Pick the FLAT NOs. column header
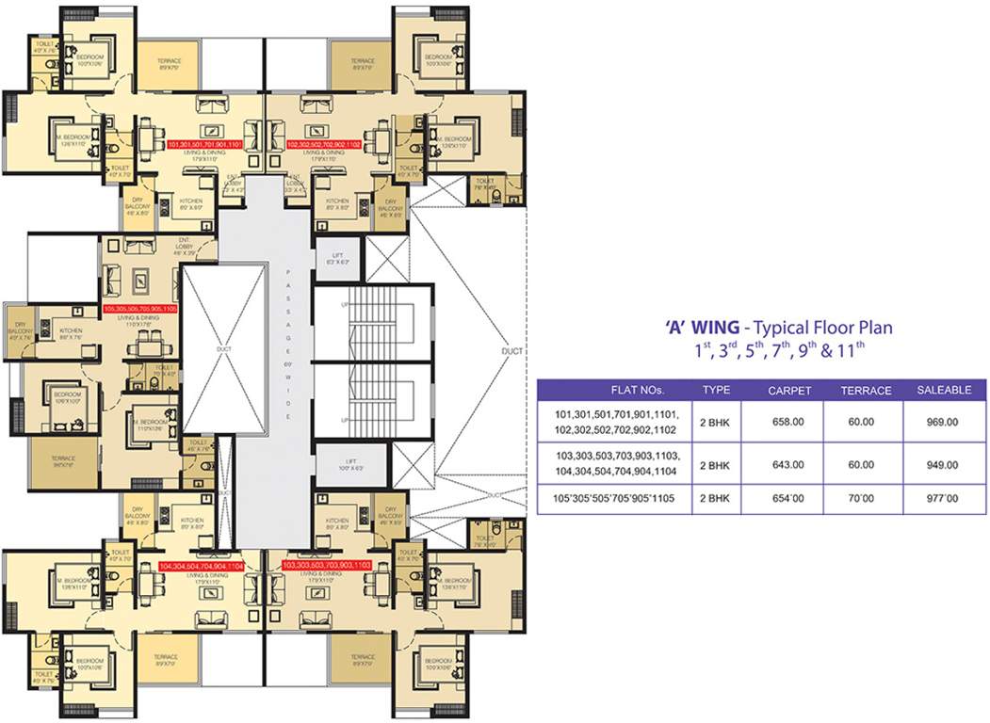click(x=610, y=390)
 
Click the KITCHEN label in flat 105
click(x=72, y=332)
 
